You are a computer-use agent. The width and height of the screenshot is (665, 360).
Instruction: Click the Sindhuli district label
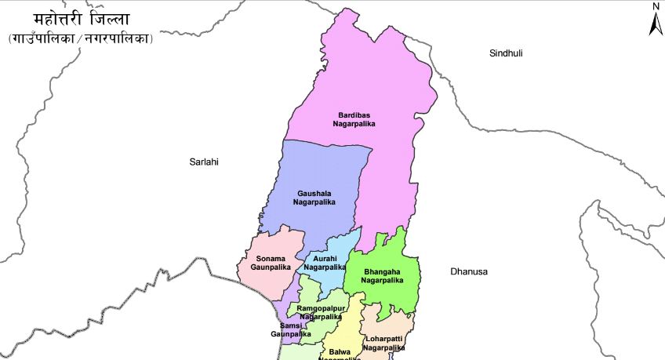506,53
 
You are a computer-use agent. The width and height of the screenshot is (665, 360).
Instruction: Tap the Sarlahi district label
204,162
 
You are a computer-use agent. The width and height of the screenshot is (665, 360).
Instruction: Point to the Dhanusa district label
469,271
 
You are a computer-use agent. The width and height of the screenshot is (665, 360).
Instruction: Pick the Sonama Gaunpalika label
271,263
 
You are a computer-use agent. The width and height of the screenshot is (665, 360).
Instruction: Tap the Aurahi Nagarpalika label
325,263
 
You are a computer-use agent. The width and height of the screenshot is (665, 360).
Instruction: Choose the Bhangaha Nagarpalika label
383,276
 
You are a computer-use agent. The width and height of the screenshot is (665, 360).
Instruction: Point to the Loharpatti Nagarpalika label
383,343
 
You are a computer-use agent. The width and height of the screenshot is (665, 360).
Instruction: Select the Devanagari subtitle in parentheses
81,38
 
